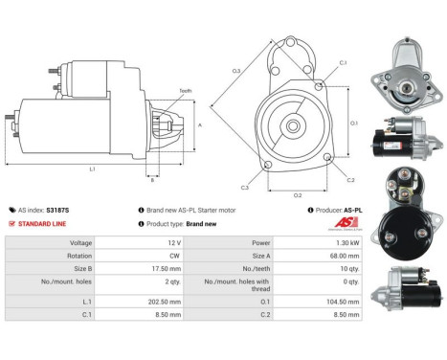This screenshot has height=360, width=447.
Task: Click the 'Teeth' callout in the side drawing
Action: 185,90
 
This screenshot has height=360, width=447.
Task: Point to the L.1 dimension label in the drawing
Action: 92,169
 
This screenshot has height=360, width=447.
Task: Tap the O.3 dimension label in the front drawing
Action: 235,71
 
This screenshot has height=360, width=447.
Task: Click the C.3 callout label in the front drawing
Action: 246,187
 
